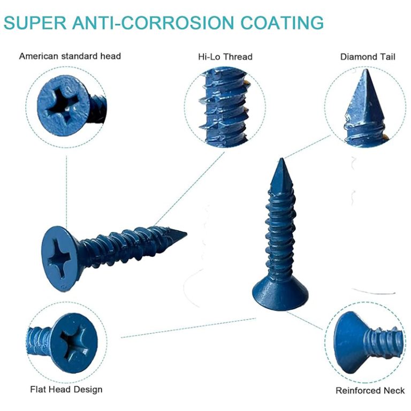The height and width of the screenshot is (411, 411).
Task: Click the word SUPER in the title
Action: [x=35, y=22]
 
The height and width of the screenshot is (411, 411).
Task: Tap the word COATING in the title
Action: [x=282, y=22]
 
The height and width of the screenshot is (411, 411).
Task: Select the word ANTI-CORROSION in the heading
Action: [x=153, y=22]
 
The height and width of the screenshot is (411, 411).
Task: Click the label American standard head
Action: [x=70, y=56]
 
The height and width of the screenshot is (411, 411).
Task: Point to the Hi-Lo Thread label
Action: [x=225, y=57]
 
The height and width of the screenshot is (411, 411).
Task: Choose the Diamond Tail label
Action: [x=368, y=57]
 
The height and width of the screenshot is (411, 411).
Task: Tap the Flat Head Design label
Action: [x=66, y=389]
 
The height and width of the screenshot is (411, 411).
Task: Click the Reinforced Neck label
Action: [x=370, y=390]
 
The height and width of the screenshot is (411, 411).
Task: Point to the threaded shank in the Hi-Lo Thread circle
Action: [x=225, y=107]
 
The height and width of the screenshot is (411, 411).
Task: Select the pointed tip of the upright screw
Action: [x=281, y=159]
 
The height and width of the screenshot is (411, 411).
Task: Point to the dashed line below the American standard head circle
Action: [x=66, y=192]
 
